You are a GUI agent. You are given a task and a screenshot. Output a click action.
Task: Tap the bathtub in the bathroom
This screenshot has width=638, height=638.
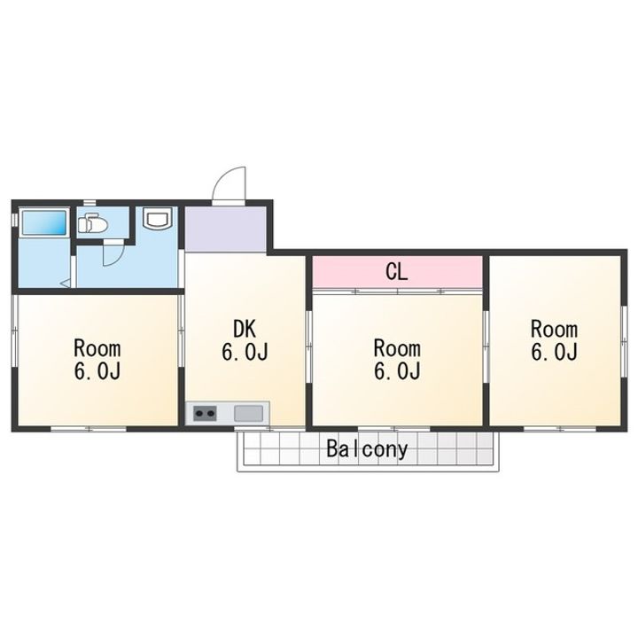(43, 222)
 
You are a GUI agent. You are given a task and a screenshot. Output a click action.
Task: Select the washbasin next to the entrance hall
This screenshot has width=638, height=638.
(158, 219)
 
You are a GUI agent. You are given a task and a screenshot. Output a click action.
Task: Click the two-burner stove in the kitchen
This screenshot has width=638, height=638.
(205, 414)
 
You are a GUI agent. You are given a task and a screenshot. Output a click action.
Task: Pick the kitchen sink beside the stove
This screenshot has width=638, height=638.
(248, 414)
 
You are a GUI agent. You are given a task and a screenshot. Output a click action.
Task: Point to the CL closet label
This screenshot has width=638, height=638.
(397, 272)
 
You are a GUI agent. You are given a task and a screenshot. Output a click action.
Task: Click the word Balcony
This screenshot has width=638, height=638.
(367, 449)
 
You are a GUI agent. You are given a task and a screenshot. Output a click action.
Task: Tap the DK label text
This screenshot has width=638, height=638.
(245, 329)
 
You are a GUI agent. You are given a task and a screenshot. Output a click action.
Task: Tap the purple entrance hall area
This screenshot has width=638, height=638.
(225, 229)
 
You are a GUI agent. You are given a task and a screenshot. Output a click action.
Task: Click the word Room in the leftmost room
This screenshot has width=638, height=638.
(97, 349)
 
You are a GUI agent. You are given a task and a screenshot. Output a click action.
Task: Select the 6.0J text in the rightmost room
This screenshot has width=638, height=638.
(554, 352)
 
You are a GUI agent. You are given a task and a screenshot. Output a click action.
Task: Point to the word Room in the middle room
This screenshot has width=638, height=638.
(397, 349)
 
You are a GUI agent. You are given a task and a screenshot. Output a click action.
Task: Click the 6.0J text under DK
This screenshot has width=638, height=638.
(245, 352)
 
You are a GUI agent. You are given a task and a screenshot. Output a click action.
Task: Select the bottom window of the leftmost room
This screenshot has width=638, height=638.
(89, 429)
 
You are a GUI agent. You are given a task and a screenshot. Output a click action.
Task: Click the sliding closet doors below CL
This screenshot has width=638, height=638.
(397, 291)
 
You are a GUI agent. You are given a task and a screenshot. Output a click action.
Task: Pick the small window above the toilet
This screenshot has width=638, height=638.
(89, 202)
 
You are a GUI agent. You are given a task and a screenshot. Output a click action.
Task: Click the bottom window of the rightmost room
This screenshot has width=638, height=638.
(560, 429)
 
